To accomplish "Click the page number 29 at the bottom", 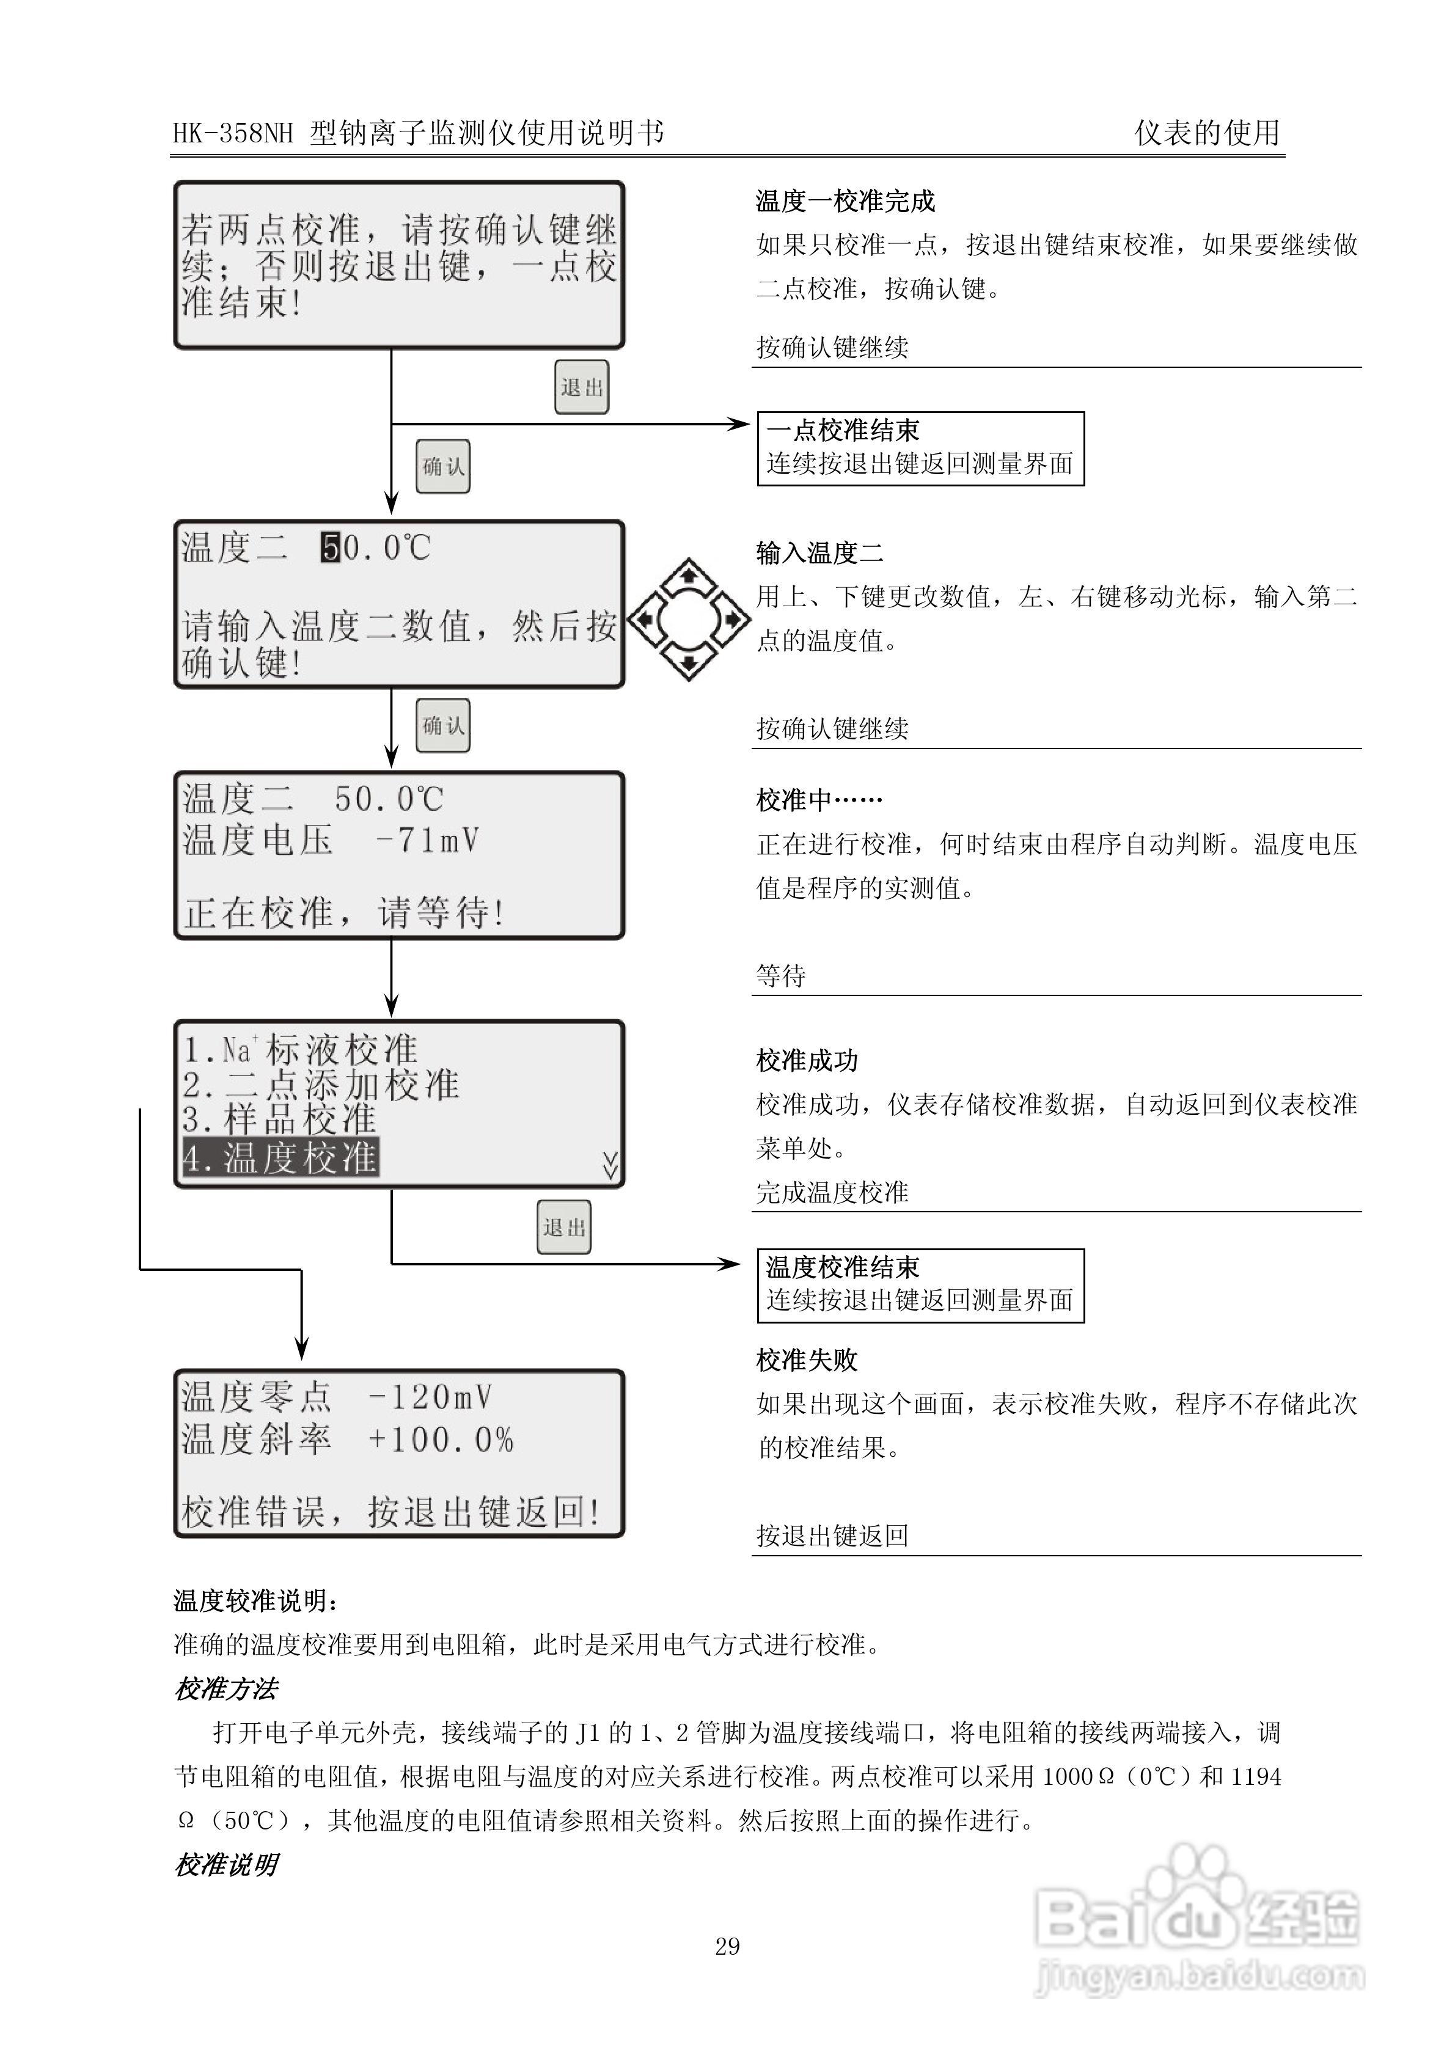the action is [x=727, y=1946].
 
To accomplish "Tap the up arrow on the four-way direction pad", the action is [x=689, y=572].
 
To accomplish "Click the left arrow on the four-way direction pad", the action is [x=643, y=618].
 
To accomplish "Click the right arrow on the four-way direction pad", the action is [x=733, y=618].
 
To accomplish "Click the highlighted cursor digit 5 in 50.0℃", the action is [x=331, y=547].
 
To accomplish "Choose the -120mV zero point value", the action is [x=430, y=1396].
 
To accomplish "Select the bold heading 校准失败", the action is [x=807, y=1360].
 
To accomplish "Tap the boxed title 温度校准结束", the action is [x=843, y=1267].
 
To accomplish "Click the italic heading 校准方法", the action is [x=226, y=1690].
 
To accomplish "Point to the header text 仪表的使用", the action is [x=1207, y=133].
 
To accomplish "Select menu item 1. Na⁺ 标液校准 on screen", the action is [x=300, y=1049].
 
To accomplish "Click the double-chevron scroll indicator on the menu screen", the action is [x=610, y=1165].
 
